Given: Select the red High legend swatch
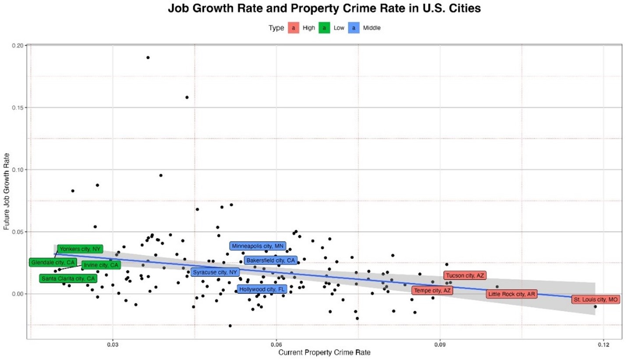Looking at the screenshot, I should click(x=293, y=28).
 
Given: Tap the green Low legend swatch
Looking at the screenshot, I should click(x=324, y=28).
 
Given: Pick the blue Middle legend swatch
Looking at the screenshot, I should click(x=354, y=28).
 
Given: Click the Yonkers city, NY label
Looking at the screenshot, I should click(x=80, y=249).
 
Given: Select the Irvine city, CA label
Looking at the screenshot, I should click(x=101, y=265).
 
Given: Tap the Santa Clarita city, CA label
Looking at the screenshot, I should click(x=68, y=278).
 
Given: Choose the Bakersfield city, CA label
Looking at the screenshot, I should click(x=270, y=260).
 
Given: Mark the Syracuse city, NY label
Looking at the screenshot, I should click(x=215, y=272).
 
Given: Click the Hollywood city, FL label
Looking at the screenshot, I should click(x=262, y=289).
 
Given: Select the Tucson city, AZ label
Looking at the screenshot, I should click(x=465, y=276).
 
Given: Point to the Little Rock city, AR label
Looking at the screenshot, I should click(x=511, y=294).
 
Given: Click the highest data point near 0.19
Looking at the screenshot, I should click(x=148, y=57).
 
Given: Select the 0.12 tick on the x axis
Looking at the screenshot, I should click(x=603, y=344).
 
